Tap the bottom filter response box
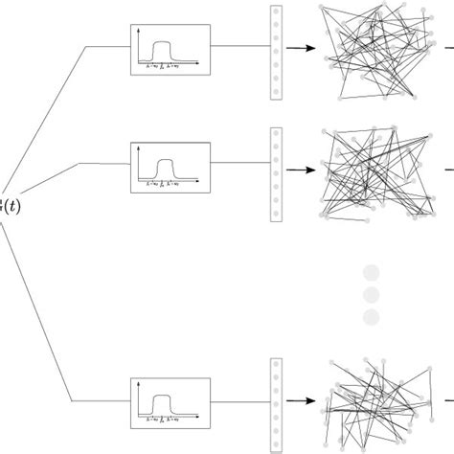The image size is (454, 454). pyautogui.click(x=170, y=403)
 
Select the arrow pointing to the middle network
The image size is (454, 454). pyautogui.click(x=301, y=170)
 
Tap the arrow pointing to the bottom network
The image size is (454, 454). pyautogui.click(x=301, y=404)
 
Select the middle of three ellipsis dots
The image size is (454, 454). pyautogui.click(x=371, y=295)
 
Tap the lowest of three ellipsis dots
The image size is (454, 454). pyautogui.click(x=371, y=316)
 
